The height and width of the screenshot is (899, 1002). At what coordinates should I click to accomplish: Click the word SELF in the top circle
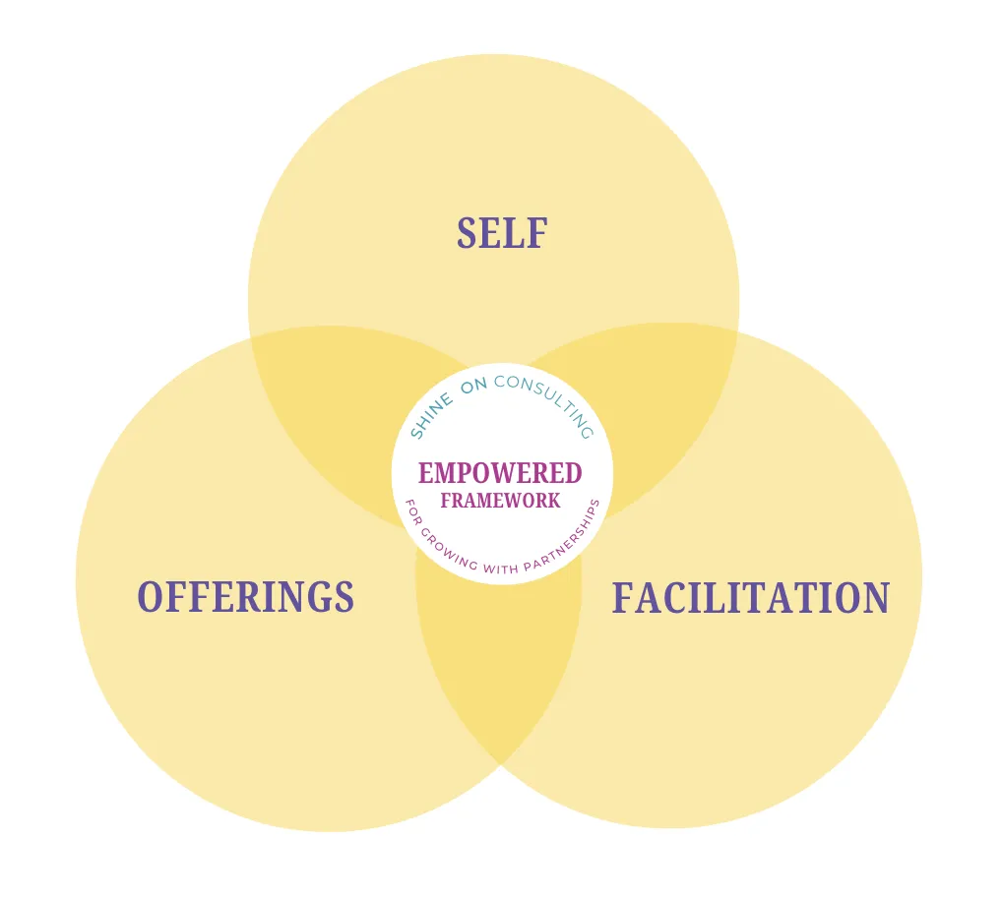coord(501,234)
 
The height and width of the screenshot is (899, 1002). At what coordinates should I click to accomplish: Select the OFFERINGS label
coord(245,597)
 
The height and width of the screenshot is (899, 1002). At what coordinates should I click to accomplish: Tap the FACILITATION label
coord(750,598)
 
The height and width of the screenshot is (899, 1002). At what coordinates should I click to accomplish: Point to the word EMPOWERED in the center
coord(500,474)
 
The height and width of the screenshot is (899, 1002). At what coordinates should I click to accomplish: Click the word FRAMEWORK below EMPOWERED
coord(500,501)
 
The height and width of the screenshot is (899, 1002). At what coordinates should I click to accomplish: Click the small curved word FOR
coord(413,515)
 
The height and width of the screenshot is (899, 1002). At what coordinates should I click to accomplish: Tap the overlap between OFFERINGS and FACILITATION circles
coord(499,669)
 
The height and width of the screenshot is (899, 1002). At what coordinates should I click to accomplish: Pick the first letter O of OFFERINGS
coord(150,597)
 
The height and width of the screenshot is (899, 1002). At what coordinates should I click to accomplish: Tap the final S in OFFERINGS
coord(344,597)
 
